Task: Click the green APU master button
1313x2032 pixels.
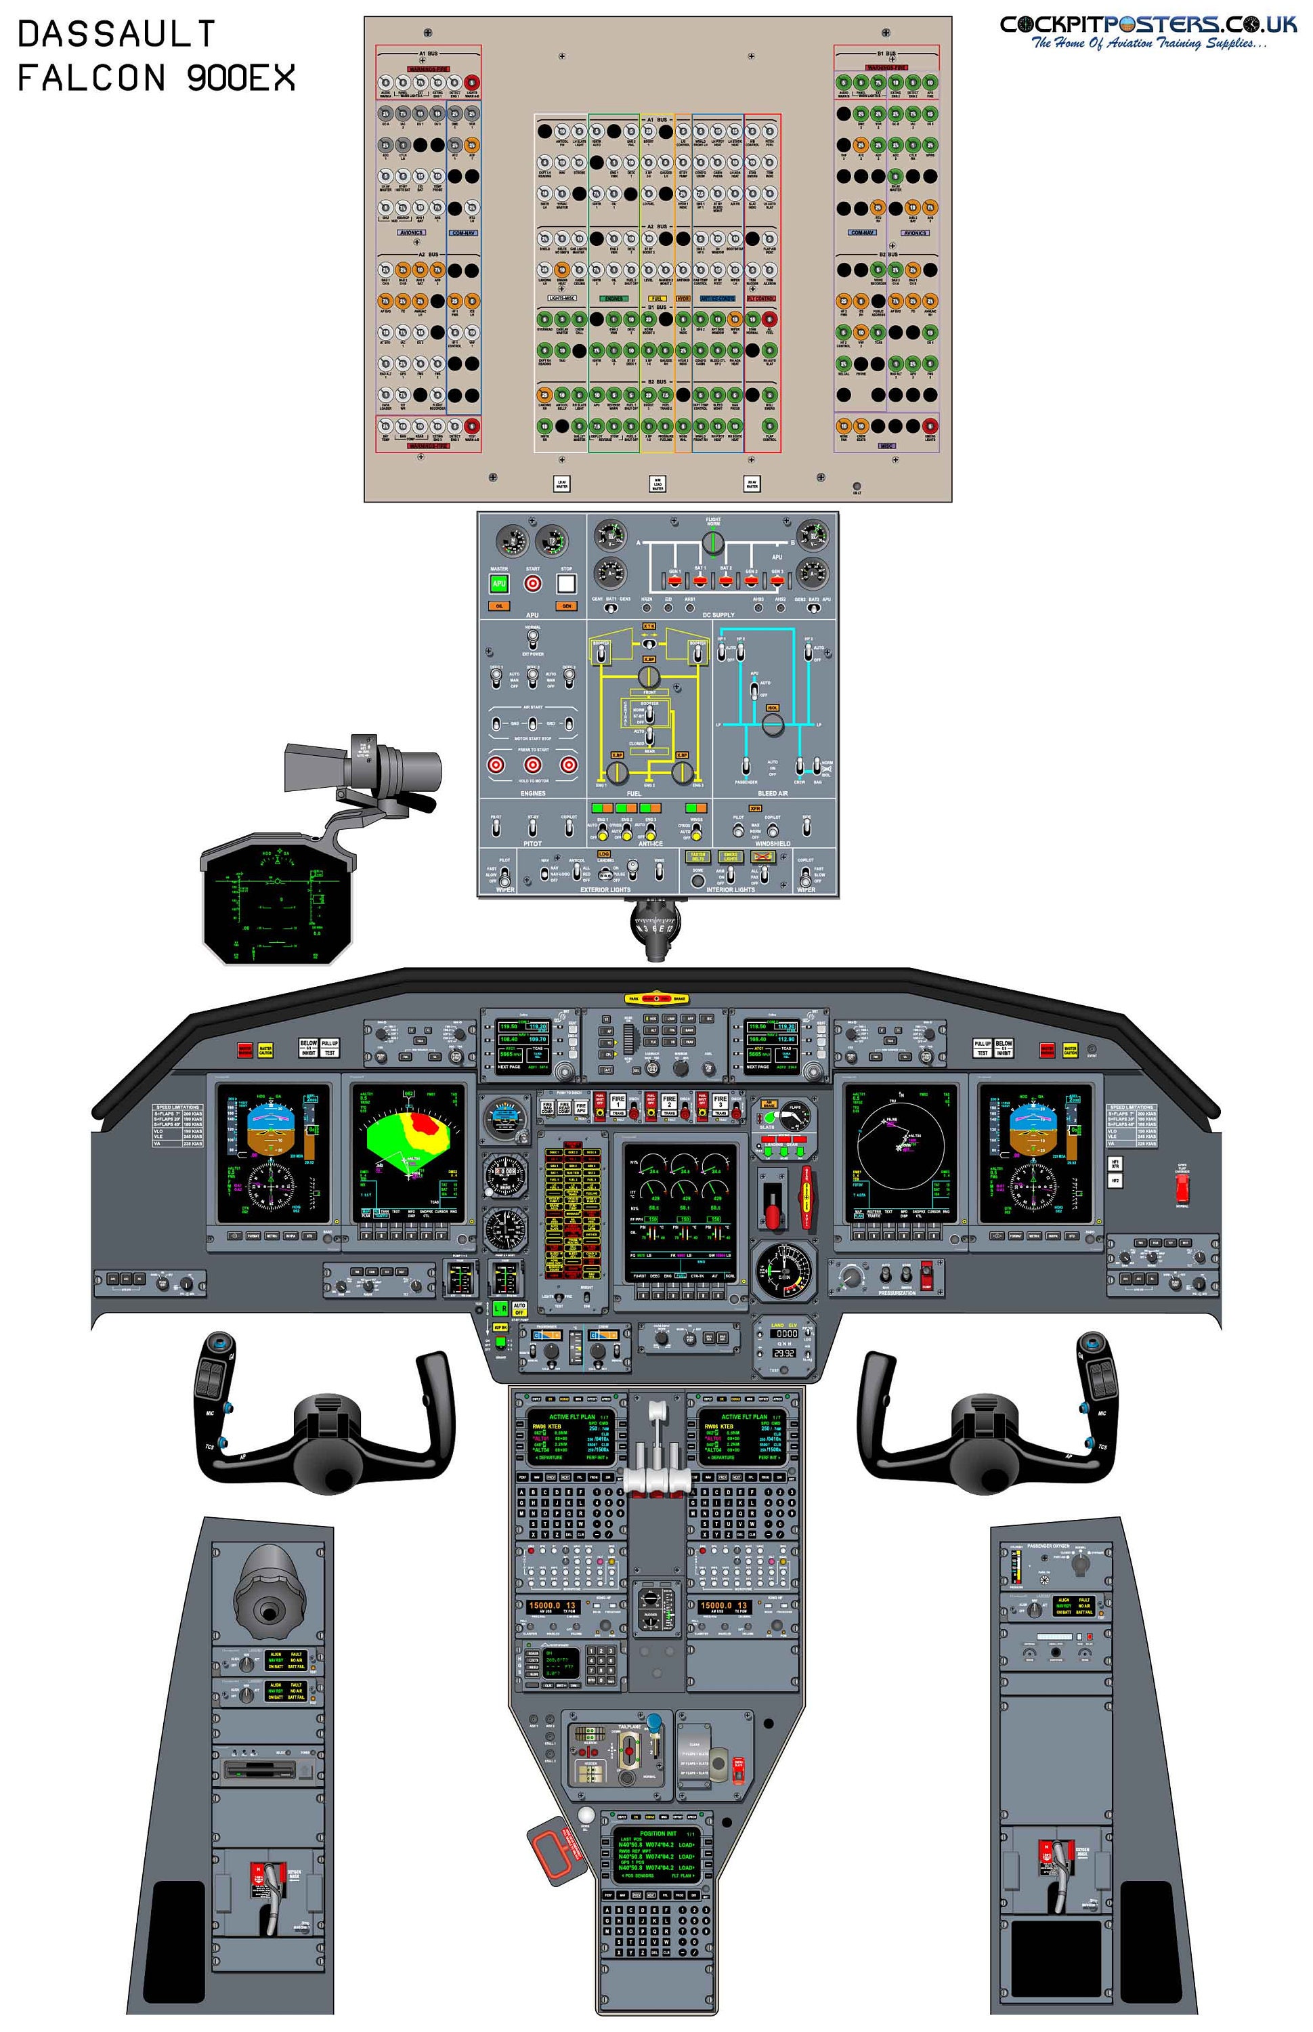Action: coord(499,584)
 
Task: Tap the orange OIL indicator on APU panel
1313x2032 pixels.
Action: coord(499,606)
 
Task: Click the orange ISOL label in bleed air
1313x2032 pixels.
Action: coord(773,708)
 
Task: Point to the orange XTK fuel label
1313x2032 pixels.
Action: coord(649,627)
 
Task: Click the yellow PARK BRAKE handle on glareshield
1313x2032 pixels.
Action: coord(657,998)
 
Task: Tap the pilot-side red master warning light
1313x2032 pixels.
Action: coord(244,1051)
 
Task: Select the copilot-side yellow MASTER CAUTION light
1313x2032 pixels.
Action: coord(1070,1051)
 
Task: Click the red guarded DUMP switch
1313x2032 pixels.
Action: coord(927,1275)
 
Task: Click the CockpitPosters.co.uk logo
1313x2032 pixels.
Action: coord(1148,30)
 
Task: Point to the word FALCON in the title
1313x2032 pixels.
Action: coord(91,79)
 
